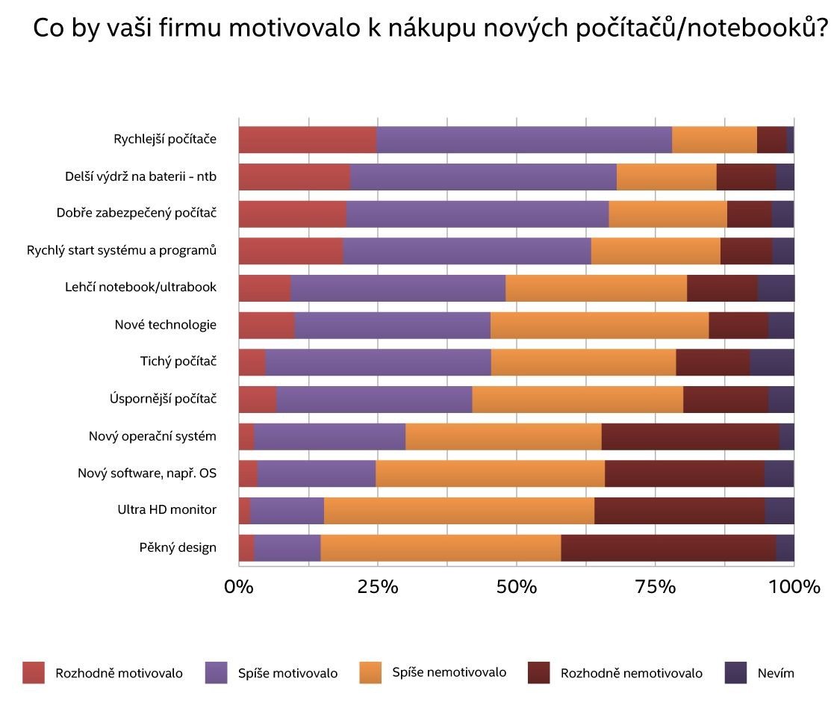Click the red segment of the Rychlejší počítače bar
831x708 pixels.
click(x=308, y=140)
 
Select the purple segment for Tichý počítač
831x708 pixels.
click(x=378, y=361)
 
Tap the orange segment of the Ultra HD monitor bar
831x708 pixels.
click(x=459, y=510)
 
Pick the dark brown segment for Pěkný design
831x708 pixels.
click(x=668, y=547)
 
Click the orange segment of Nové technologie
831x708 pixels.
click(x=600, y=325)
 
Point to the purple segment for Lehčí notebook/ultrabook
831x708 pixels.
click(x=398, y=288)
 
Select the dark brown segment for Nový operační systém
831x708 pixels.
click(x=690, y=436)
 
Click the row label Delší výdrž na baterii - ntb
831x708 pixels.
click(x=140, y=177)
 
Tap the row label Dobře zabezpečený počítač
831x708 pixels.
click(x=136, y=214)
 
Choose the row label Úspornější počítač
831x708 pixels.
click(x=163, y=399)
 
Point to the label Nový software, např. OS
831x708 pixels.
click(x=147, y=473)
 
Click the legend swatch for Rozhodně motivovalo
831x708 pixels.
click(x=34, y=673)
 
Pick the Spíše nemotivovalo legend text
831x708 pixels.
click(x=449, y=672)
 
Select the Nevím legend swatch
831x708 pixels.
click(x=736, y=673)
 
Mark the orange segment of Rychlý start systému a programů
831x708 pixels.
click(x=656, y=251)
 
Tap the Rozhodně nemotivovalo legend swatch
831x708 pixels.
click(x=539, y=673)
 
